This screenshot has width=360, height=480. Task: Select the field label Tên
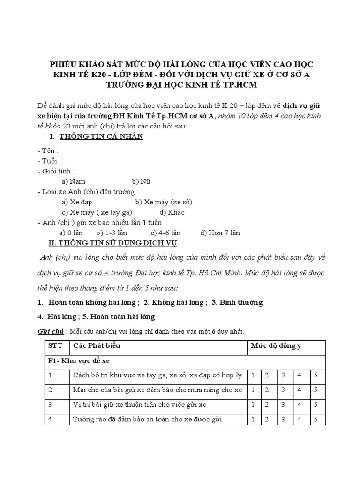tap(48, 151)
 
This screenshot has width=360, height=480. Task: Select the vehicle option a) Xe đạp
tap(77, 202)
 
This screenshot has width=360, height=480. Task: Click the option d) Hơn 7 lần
tap(220, 232)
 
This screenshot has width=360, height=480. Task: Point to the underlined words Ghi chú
tap(50, 331)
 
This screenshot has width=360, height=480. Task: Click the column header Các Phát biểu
tap(97, 346)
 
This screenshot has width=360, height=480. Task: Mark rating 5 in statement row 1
tap(315, 375)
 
